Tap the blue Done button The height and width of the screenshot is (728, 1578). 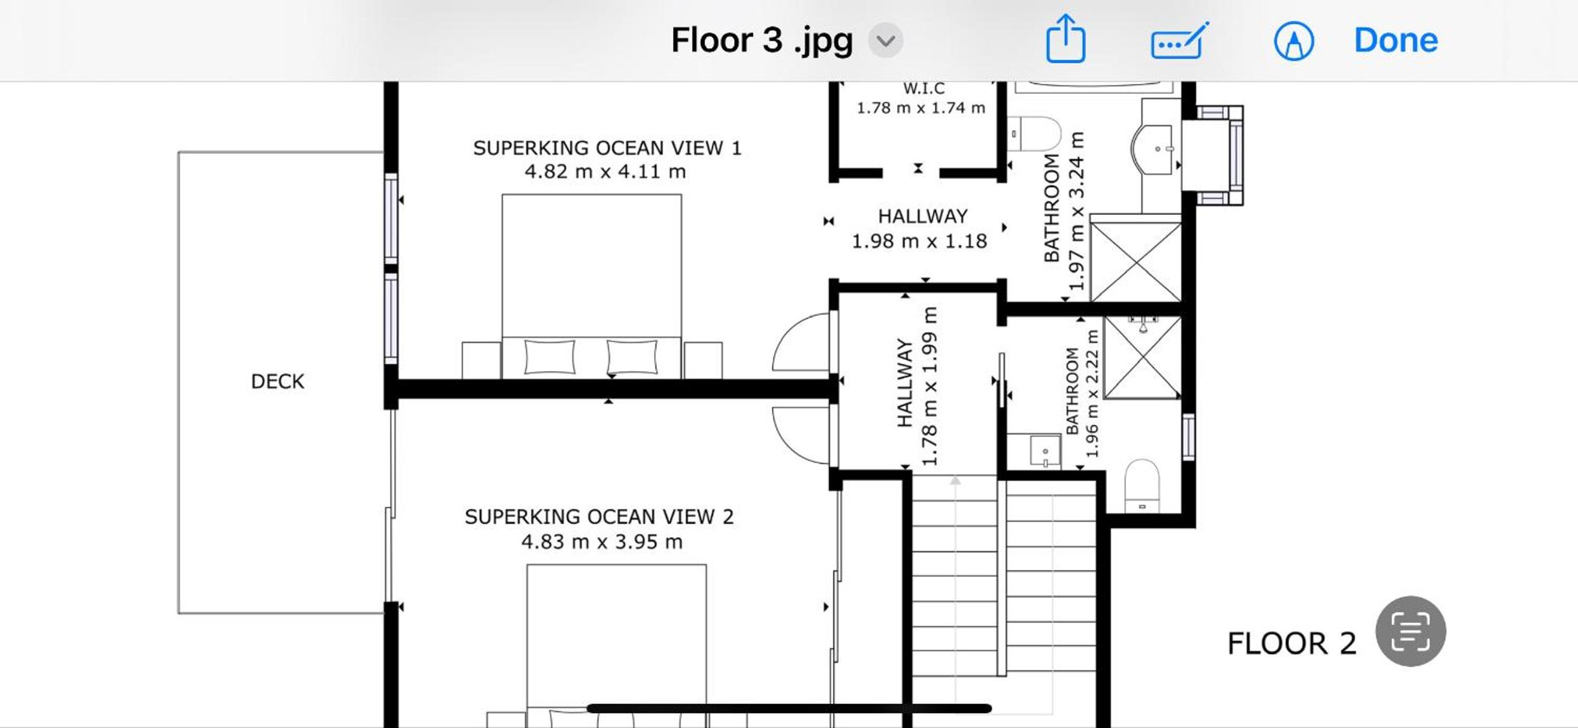coord(1395,41)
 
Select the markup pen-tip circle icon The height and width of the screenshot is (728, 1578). coord(1293,41)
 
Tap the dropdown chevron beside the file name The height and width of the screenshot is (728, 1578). coord(886,41)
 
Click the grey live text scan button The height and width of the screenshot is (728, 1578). coord(1411,631)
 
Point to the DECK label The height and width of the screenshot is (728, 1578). coord(278,382)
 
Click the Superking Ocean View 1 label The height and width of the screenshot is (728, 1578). coord(607,148)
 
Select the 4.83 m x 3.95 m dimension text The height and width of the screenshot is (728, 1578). coord(602,542)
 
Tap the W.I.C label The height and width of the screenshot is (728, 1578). coord(924,88)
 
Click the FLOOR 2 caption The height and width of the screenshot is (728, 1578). coord(1292,643)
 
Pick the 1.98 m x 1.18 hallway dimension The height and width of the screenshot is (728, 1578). coord(919,241)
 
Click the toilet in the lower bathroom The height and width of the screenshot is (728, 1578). coord(1142,486)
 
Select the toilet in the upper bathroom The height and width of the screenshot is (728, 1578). coord(1034,133)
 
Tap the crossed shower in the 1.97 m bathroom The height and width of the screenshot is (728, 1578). coord(1137,262)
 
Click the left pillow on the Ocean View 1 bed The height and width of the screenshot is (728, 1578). coord(549,356)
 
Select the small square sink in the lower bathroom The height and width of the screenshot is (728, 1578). coord(1045,451)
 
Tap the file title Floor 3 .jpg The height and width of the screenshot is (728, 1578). coord(762,41)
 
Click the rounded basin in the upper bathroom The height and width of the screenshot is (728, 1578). coord(1153,150)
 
